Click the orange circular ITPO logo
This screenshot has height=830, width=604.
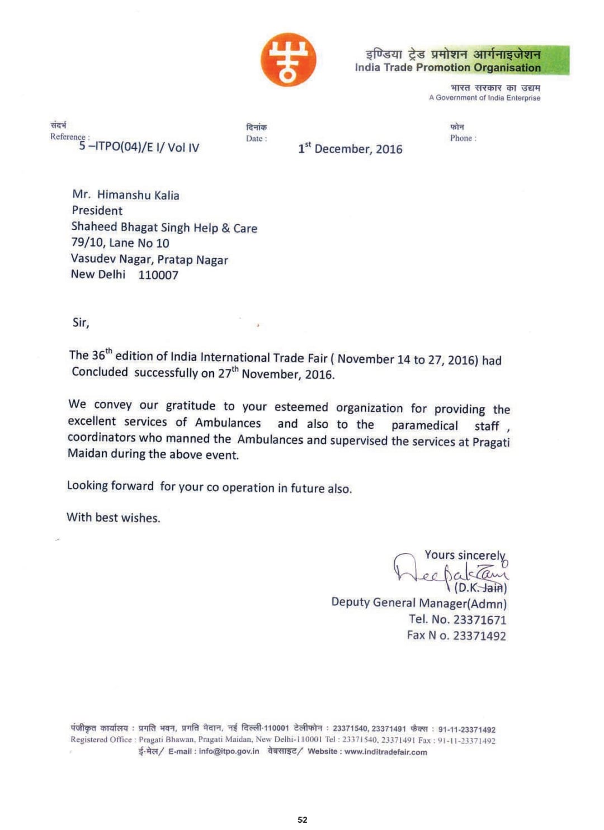(x=288, y=60)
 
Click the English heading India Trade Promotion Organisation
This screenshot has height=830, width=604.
(x=447, y=68)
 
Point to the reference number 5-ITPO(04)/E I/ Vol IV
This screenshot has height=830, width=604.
(x=139, y=147)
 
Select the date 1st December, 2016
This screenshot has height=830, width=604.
(x=350, y=149)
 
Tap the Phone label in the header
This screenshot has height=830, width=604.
(x=463, y=138)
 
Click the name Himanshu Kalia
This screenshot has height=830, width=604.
(x=138, y=195)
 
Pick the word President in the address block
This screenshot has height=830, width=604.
(x=97, y=211)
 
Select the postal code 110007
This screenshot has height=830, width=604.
(x=158, y=275)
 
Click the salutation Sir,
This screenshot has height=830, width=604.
(x=81, y=322)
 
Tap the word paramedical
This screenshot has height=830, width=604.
(x=424, y=425)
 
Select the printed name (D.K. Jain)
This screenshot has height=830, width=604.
(x=480, y=587)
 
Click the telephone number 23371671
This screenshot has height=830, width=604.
(x=479, y=620)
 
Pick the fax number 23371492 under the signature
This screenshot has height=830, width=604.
(x=479, y=636)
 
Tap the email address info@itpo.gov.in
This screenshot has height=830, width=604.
(x=229, y=751)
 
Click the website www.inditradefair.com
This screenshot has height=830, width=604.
(x=385, y=752)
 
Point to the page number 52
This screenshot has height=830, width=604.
(x=303, y=819)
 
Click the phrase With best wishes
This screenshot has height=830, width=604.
(x=114, y=518)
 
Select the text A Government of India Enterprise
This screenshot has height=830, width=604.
(x=484, y=98)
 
